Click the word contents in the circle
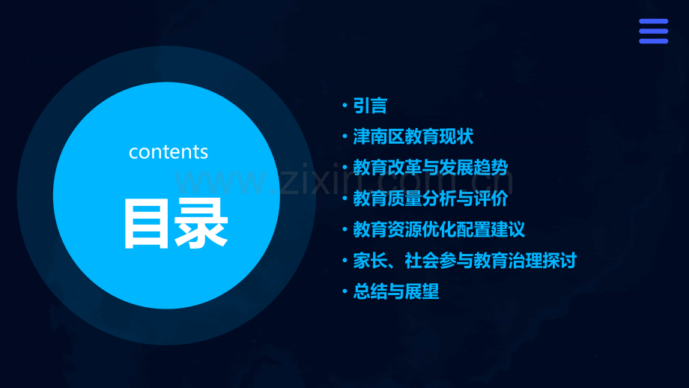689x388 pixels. click(x=169, y=152)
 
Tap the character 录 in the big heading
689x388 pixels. click(x=201, y=223)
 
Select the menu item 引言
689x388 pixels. click(x=370, y=106)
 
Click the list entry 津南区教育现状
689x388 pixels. click(x=413, y=137)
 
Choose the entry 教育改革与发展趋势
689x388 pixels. click(x=435, y=168)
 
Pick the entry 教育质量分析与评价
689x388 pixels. click(x=430, y=198)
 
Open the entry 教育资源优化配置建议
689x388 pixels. click(x=439, y=229)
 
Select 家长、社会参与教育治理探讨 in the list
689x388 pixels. click(x=464, y=261)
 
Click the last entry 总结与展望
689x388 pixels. click(x=395, y=291)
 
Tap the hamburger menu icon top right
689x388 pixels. click(x=653, y=31)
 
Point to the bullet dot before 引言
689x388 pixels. click(x=344, y=106)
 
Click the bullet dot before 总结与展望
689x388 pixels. click(x=344, y=292)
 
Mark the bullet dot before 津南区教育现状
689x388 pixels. click(x=344, y=138)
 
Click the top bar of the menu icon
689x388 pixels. click(x=653, y=22)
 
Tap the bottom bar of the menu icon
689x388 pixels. click(x=653, y=41)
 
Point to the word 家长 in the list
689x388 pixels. click(x=370, y=261)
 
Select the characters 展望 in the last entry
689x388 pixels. click(x=422, y=291)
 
